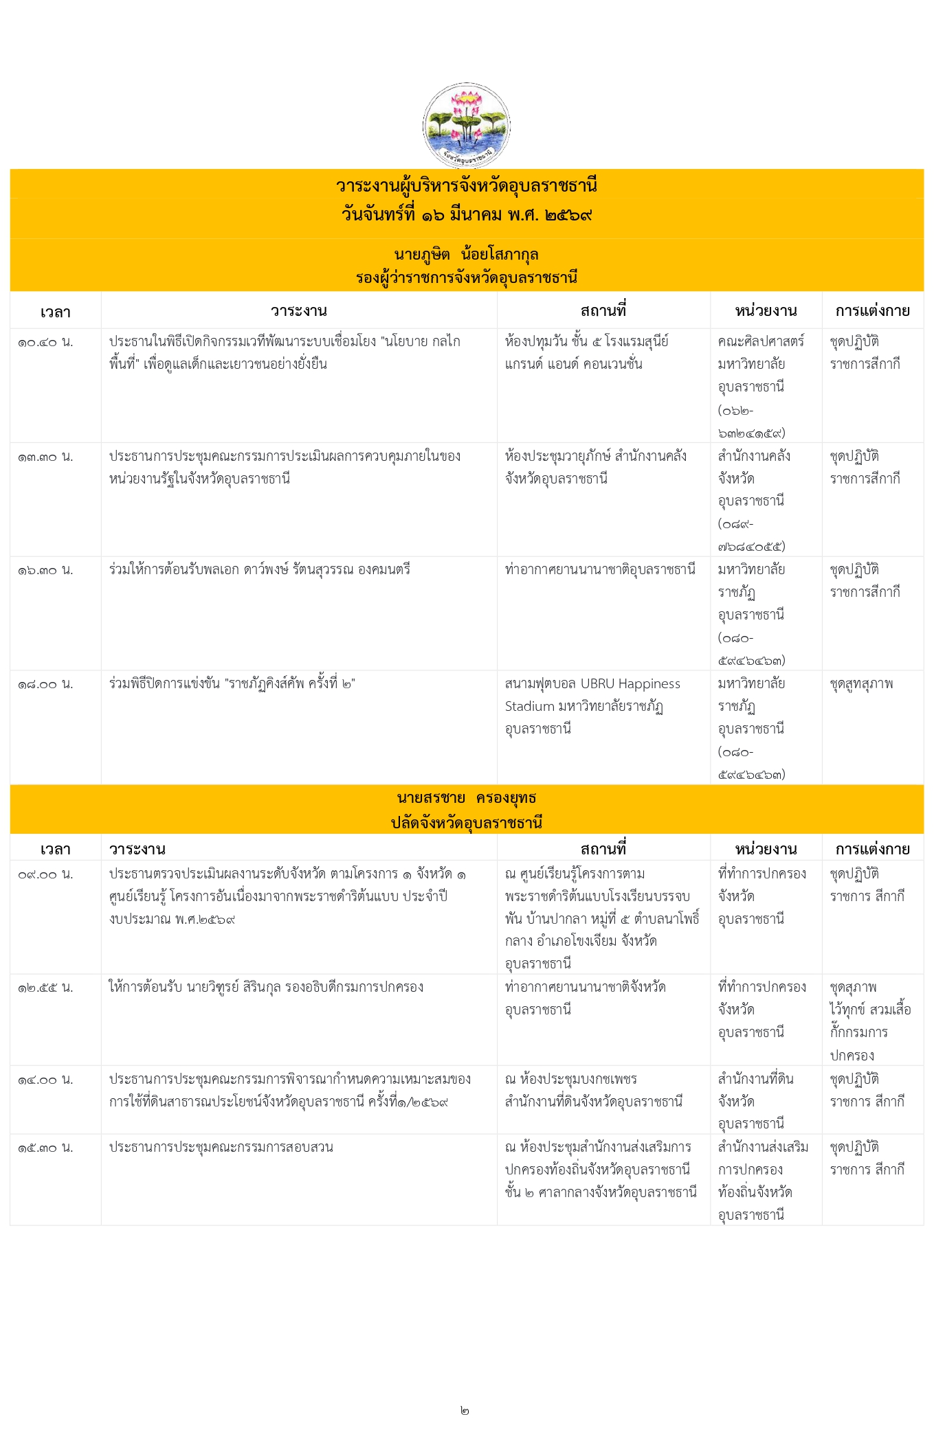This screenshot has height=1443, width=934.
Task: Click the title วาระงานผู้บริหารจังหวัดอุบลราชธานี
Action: [x=466, y=185]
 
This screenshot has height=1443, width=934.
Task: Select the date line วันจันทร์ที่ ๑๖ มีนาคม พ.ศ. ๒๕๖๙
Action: [x=466, y=214]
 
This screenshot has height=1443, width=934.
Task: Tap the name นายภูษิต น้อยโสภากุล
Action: [x=466, y=254]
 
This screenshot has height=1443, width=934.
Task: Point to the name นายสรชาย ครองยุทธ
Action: [x=466, y=797]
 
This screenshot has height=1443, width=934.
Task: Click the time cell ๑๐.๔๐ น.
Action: [x=45, y=342]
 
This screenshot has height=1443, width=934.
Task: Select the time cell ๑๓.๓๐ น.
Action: [x=45, y=457]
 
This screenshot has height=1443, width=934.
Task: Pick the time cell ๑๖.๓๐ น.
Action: [x=45, y=570]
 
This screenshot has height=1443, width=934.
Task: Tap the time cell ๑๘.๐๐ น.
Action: [x=45, y=684]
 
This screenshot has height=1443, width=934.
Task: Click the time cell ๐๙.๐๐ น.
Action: [x=45, y=874]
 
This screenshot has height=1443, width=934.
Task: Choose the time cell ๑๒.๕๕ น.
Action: [x=45, y=988]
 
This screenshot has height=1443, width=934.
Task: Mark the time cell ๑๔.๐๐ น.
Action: [x=45, y=1080]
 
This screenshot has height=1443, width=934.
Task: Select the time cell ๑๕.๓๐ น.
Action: [x=45, y=1148]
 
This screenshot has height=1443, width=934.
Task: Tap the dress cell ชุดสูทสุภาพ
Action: [x=861, y=684]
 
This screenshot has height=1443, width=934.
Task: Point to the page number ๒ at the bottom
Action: [x=465, y=1411]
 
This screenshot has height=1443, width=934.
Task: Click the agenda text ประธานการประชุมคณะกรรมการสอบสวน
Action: [x=221, y=1147]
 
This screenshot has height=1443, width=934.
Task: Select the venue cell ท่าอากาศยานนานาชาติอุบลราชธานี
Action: [x=600, y=569]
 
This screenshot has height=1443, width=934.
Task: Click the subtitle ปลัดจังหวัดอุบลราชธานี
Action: [x=466, y=822]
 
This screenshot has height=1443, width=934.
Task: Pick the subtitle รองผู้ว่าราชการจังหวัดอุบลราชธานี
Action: [x=466, y=277]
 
